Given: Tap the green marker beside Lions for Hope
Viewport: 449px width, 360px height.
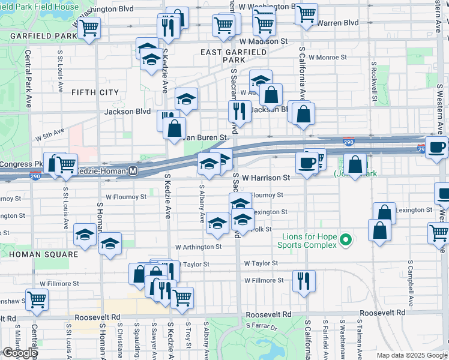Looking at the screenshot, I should (345, 241).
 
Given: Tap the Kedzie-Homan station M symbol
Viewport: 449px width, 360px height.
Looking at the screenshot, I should (134, 171).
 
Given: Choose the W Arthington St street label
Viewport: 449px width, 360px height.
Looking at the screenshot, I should (198, 247).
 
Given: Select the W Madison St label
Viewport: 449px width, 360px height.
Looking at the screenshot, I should (263, 41).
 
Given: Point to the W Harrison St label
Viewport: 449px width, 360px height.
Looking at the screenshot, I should (266, 178).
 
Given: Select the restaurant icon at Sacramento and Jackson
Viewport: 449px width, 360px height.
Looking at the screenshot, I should (240, 110).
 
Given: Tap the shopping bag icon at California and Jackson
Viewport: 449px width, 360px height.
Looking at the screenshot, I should (304, 113).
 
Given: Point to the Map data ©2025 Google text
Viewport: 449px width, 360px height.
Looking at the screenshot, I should (412, 355).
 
